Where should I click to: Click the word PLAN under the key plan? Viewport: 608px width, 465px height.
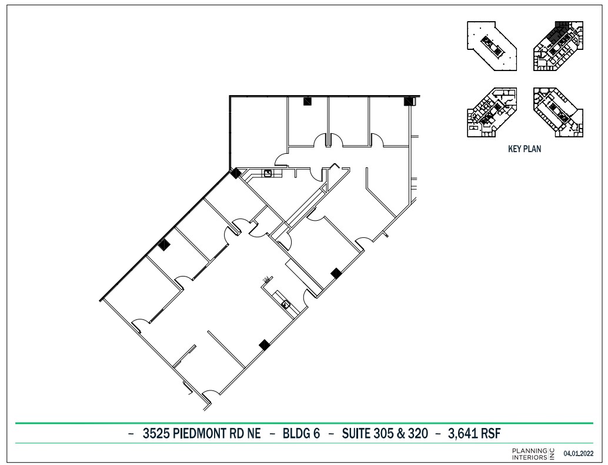(533, 149)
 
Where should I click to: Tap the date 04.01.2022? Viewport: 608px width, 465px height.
(578, 453)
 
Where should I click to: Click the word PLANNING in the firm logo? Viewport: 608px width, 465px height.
(529, 450)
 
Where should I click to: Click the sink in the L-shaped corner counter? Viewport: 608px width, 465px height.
(268, 173)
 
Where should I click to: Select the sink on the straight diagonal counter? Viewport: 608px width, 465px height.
(286, 304)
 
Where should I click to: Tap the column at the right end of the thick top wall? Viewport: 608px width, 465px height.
(408, 101)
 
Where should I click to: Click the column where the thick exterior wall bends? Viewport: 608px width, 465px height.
(235, 173)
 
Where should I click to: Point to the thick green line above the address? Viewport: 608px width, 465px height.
(303, 423)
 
